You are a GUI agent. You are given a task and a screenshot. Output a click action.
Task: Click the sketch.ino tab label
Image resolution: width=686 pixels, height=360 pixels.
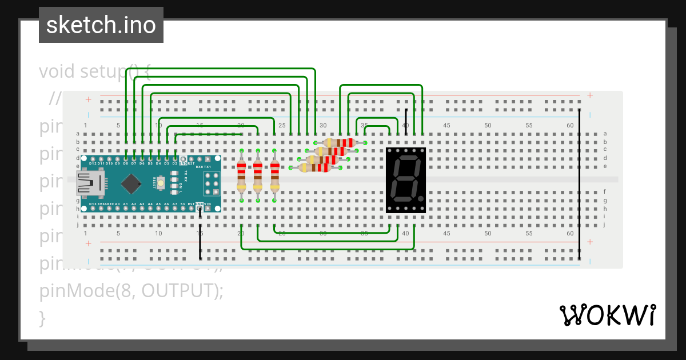(x=101, y=25)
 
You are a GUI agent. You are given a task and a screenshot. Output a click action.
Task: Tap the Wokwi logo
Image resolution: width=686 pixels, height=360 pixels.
(x=607, y=315)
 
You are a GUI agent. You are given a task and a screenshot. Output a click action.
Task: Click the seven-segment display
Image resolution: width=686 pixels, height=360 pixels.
(x=406, y=180)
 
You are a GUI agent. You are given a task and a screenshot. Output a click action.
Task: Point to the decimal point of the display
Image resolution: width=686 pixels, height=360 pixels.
(x=422, y=200)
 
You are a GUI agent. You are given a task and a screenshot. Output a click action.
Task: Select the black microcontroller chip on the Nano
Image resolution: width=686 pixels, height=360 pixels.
(x=131, y=183)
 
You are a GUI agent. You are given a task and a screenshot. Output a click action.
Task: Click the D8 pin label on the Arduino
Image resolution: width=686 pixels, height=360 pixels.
(x=126, y=163)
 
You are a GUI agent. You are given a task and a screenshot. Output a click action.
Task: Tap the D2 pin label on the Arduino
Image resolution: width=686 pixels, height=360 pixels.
(x=175, y=163)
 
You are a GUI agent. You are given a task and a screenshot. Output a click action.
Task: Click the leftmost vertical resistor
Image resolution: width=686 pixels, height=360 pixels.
(x=242, y=175)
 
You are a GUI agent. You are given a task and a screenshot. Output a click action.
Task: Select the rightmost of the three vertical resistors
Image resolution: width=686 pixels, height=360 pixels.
(x=275, y=175)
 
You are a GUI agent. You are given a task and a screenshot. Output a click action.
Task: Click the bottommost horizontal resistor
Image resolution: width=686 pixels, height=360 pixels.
(x=316, y=167)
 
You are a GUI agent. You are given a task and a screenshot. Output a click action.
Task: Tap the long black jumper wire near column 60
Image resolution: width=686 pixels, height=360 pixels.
(x=579, y=183)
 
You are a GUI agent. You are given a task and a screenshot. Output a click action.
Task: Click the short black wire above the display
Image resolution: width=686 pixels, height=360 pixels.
(x=406, y=122)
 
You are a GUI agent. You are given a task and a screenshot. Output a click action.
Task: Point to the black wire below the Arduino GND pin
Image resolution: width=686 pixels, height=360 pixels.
(x=200, y=234)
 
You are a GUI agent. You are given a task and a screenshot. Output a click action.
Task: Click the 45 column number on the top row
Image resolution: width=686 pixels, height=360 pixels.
(x=446, y=125)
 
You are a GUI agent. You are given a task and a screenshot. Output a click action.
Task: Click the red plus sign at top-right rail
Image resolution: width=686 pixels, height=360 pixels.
(x=590, y=95)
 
